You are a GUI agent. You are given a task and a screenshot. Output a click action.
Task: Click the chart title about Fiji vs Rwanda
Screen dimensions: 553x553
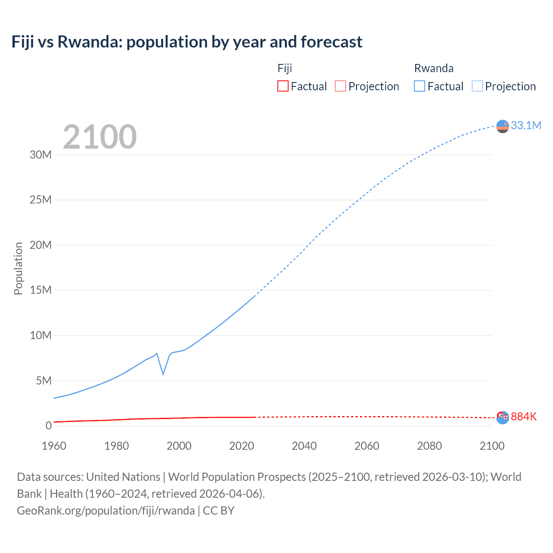point(187,42)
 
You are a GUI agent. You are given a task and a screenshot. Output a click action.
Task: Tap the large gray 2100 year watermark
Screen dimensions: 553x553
point(100,137)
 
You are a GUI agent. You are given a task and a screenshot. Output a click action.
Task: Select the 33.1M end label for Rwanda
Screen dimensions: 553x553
point(526,125)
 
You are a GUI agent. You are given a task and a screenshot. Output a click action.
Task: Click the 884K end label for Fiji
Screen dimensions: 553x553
point(524,416)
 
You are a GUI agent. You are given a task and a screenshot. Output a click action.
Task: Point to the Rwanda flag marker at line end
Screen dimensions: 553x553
point(502,126)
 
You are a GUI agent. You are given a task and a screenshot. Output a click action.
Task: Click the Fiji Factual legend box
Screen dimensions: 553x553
point(283,86)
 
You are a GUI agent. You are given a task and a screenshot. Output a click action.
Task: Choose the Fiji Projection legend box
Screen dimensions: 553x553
point(340,86)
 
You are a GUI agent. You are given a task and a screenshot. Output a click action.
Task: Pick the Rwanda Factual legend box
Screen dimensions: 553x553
point(419,86)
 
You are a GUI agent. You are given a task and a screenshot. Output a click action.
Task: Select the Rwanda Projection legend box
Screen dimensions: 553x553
point(477,86)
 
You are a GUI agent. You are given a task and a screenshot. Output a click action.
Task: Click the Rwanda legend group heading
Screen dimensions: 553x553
point(434,68)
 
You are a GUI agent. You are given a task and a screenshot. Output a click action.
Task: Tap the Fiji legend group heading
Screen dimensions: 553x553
point(285,68)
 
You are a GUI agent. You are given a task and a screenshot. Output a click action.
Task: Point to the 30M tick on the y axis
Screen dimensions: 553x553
point(41,155)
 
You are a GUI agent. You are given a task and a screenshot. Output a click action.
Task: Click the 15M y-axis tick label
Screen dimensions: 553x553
point(41,290)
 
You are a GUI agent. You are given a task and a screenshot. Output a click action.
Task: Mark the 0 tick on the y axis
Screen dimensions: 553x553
point(48,426)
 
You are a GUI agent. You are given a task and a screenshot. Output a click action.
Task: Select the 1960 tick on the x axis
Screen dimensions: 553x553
point(54,446)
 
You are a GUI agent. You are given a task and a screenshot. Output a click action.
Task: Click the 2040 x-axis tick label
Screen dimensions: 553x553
point(304,446)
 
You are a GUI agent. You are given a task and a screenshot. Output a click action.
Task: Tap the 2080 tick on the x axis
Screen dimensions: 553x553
point(429,446)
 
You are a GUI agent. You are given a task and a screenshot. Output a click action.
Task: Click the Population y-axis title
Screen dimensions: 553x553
point(18,268)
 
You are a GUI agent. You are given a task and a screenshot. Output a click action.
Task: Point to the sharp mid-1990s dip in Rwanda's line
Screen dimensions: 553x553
point(163,374)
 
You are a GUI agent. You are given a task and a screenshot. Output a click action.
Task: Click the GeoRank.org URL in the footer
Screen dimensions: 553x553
point(106,511)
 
